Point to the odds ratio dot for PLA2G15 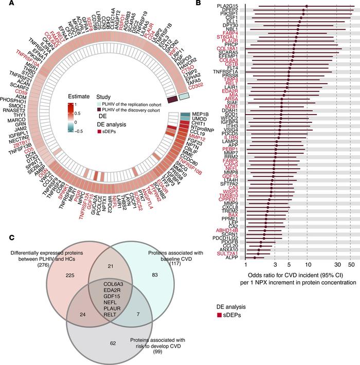tap(307, 7)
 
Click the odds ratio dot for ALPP tap(255, 258)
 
